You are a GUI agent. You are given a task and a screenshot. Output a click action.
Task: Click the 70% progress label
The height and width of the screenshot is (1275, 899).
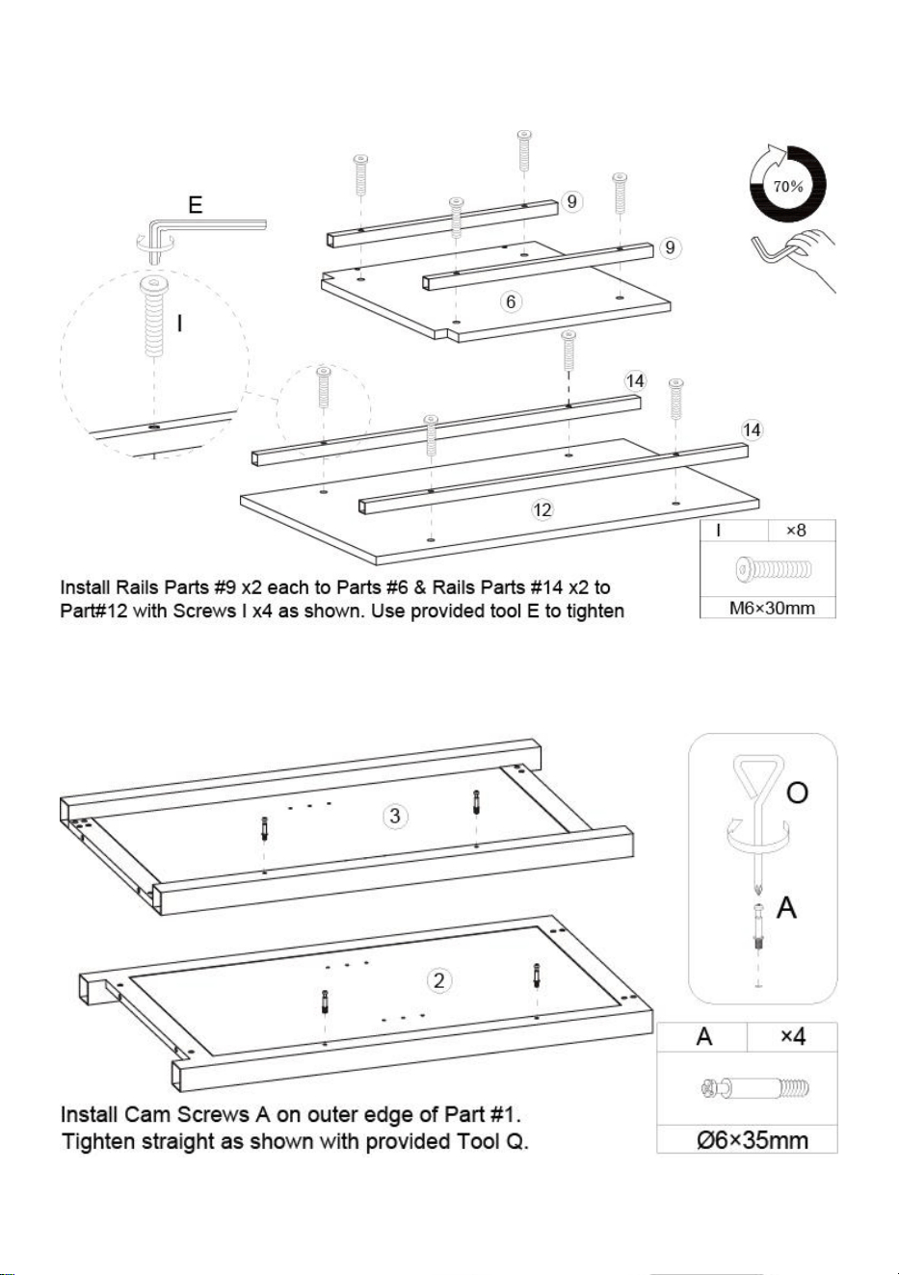788,186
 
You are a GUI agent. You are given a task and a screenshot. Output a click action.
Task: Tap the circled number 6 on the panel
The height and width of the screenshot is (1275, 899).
511,301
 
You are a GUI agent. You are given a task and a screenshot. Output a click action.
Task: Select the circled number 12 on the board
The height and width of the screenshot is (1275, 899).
542,509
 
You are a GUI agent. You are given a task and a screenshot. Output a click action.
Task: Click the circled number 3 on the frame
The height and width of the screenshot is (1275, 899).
395,816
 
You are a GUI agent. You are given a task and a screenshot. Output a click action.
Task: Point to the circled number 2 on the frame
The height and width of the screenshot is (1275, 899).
438,980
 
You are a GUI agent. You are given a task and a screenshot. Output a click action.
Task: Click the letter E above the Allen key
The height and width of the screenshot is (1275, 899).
196,205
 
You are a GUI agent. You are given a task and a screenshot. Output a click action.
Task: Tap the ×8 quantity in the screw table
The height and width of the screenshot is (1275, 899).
796,530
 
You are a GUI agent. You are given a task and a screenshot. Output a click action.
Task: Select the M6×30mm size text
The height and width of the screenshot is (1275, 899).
772,609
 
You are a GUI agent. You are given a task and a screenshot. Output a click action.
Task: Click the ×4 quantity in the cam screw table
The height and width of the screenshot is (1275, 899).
792,1036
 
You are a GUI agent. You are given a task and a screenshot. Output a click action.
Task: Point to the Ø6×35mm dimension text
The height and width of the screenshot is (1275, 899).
752,1140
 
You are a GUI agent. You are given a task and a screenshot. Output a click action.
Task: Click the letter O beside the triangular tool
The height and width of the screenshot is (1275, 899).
797,793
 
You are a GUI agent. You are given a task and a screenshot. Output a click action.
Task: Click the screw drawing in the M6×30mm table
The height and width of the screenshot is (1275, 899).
773,568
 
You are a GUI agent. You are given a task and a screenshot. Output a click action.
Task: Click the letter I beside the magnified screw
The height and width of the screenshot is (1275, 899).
180,324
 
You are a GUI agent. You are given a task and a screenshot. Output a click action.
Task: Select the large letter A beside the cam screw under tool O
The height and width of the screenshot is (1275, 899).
786,907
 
